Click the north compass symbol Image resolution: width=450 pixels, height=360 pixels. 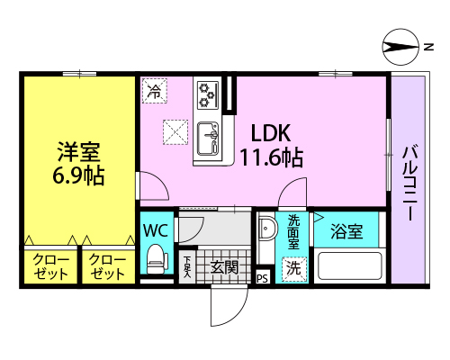click(x=400, y=47)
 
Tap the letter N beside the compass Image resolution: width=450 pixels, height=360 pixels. click(x=429, y=47)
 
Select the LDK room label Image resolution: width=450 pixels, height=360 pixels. click(x=271, y=133)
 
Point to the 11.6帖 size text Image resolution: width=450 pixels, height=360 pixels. click(x=272, y=157)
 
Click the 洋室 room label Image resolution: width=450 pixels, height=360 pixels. click(x=79, y=152)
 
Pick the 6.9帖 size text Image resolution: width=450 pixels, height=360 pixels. click(x=78, y=175)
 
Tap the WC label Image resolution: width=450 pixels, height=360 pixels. click(x=156, y=230)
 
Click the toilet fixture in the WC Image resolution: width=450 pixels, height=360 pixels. click(x=157, y=259)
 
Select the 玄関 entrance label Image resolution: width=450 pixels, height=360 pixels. click(x=224, y=267)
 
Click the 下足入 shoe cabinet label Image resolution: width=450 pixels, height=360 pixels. click(x=187, y=266)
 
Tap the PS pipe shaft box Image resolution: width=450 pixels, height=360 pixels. click(x=262, y=278)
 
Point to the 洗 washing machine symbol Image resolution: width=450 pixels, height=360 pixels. click(x=294, y=269)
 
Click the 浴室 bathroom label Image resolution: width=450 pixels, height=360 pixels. click(x=346, y=231)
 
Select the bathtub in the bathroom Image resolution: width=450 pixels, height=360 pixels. click(x=350, y=265)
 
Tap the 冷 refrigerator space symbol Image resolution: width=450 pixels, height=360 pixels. click(x=155, y=91)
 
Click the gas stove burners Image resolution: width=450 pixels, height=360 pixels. click(x=207, y=95)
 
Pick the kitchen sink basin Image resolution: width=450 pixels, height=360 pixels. click(x=207, y=139)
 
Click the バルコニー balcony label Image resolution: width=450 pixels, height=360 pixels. click(x=409, y=184)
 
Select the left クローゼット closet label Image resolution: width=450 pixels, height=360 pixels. click(x=50, y=266)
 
